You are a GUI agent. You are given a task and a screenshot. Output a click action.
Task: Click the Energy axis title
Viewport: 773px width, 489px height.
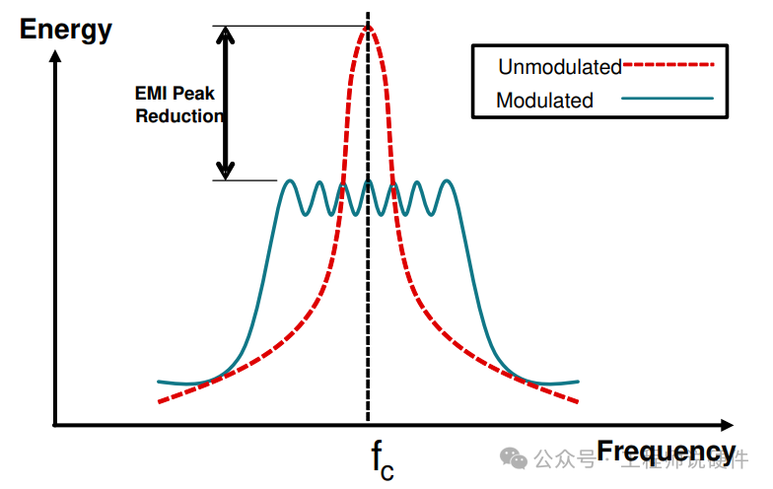click(x=66, y=30)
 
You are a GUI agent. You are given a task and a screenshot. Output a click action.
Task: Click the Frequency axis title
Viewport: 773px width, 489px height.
click(x=667, y=452)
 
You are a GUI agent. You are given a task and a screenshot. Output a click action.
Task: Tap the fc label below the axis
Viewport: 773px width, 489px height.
click(x=382, y=460)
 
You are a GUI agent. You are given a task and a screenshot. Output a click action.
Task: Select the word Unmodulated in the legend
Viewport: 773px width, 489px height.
click(x=559, y=67)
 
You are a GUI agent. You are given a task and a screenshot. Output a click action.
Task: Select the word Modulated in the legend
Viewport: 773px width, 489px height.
click(x=544, y=100)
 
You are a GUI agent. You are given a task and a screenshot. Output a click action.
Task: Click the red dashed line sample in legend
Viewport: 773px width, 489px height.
click(x=668, y=66)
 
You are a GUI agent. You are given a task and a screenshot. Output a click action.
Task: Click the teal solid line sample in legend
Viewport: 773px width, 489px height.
click(x=668, y=99)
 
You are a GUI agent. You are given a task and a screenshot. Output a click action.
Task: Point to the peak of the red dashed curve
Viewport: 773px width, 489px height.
click(x=368, y=27)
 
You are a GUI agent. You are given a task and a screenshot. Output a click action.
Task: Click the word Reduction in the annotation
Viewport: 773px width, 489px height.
click(x=179, y=116)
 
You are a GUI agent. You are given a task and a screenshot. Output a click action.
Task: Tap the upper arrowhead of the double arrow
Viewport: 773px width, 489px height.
click(x=227, y=34)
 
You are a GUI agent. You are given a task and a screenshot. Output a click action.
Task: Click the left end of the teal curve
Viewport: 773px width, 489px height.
click(x=159, y=381)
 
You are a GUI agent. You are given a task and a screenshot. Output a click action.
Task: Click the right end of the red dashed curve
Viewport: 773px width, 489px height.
click(x=577, y=401)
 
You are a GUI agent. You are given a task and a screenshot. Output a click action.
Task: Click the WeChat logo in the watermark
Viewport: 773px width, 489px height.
click(x=513, y=457)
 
